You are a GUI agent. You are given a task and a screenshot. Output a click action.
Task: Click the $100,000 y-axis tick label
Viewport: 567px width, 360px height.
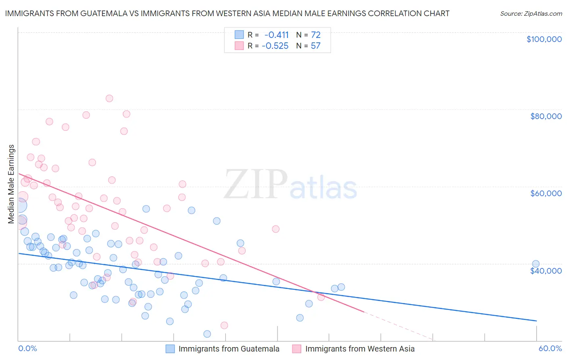click(x=544, y=39)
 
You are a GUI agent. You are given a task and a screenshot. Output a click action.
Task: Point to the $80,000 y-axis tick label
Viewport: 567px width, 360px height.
click(x=546, y=116)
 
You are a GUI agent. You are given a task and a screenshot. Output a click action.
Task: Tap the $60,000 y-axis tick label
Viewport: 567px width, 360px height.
click(x=546, y=193)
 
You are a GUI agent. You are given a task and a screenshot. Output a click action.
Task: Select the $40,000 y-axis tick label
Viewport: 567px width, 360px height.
click(x=546, y=270)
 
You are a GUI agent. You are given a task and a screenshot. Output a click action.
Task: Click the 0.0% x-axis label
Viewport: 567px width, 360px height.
click(x=27, y=348)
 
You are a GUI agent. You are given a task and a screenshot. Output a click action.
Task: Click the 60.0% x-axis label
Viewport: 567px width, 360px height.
click(x=550, y=348)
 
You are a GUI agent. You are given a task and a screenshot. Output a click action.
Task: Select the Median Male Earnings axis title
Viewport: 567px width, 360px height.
click(x=11, y=184)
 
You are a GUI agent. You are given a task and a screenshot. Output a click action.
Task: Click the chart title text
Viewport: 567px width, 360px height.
click(x=227, y=13)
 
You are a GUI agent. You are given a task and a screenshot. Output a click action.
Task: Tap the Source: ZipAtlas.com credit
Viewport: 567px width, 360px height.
click(x=531, y=13)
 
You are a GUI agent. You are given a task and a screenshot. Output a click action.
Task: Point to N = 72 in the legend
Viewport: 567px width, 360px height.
click(x=309, y=35)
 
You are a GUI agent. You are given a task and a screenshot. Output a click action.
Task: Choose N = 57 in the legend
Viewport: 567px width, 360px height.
click(x=309, y=46)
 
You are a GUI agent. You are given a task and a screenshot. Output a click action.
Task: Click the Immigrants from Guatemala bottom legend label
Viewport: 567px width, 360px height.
click(x=229, y=349)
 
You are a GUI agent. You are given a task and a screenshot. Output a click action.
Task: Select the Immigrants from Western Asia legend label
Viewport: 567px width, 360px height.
click(x=360, y=349)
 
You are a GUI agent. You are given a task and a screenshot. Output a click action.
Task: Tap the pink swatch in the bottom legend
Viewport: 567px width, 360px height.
click(x=297, y=349)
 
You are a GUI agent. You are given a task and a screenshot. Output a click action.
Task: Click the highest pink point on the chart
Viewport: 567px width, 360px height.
click(x=109, y=98)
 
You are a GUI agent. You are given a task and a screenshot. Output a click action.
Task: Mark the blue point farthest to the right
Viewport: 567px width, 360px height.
click(x=536, y=264)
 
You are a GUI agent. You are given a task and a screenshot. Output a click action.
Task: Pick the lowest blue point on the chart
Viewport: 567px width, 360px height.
click(x=207, y=334)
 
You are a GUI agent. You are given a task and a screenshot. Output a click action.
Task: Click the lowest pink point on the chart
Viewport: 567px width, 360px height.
click(x=224, y=325)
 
